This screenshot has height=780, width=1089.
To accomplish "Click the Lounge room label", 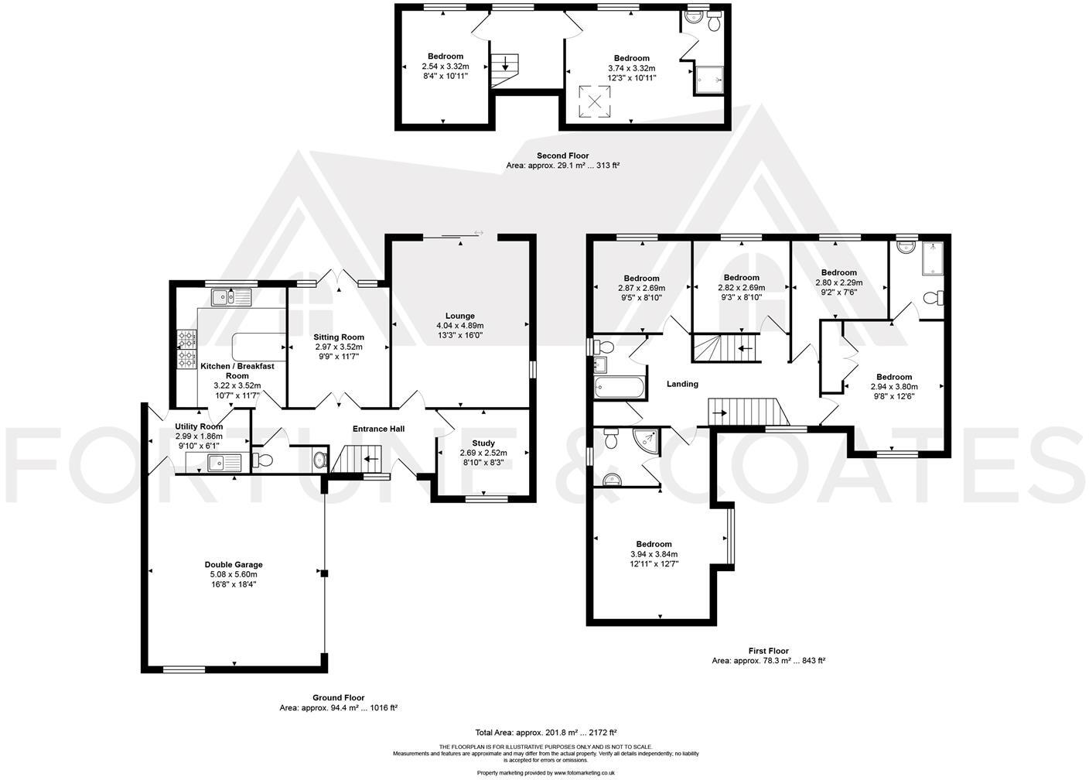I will [x=460, y=316].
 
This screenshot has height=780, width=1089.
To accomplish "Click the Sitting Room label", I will [x=339, y=337].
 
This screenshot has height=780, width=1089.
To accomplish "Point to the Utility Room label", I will [x=199, y=426].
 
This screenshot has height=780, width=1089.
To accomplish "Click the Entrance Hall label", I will [x=378, y=429].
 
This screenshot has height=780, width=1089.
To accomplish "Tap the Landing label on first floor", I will [x=682, y=384].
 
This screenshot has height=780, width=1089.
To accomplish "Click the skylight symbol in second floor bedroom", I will [x=595, y=100].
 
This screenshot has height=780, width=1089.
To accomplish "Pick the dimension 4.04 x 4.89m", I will [x=460, y=326].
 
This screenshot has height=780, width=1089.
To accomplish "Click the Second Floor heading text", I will [x=562, y=156].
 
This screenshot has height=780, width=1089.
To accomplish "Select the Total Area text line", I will [x=545, y=732].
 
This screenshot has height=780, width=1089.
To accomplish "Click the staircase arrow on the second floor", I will [x=505, y=65].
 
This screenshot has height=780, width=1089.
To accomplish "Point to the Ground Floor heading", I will [x=338, y=698].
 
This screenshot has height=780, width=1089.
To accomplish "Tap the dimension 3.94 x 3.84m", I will [x=654, y=554].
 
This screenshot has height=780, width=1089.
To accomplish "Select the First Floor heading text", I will [x=768, y=651].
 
